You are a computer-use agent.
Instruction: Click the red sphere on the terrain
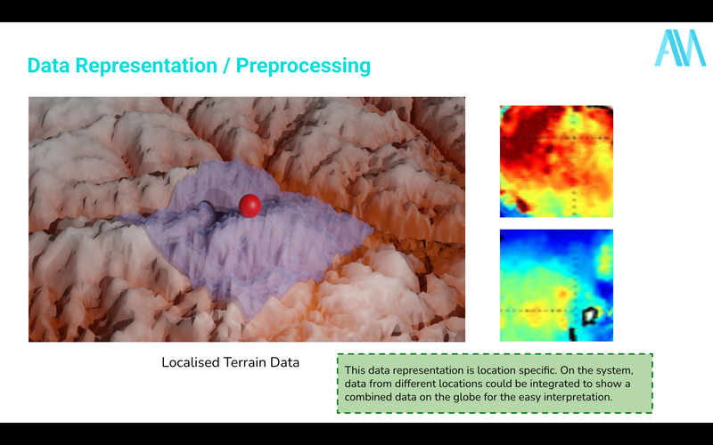pyautogui.click(x=250, y=206)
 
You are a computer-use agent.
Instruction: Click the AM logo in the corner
pyautogui.click(x=680, y=48)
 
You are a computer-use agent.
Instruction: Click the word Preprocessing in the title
pyautogui.click(x=303, y=66)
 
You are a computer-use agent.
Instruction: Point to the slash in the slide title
pyautogui.click(x=227, y=66)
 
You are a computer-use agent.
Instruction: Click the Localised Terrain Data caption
pyautogui.click(x=230, y=363)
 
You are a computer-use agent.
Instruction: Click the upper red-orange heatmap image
pyautogui.click(x=556, y=161)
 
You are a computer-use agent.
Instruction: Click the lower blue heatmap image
pyautogui.click(x=556, y=285)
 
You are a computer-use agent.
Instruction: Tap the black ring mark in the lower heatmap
pyautogui.click(x=589, y=313)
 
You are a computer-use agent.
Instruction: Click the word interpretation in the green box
pyautogui.click(x=576, y=397)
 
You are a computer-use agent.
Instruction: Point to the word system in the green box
pyautogui.click(x=613, y=370)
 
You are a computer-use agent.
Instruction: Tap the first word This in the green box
pyautogui.click(x=356, y=370)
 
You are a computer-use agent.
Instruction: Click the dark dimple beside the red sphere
pyautogui.click(x=207, y=211)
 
